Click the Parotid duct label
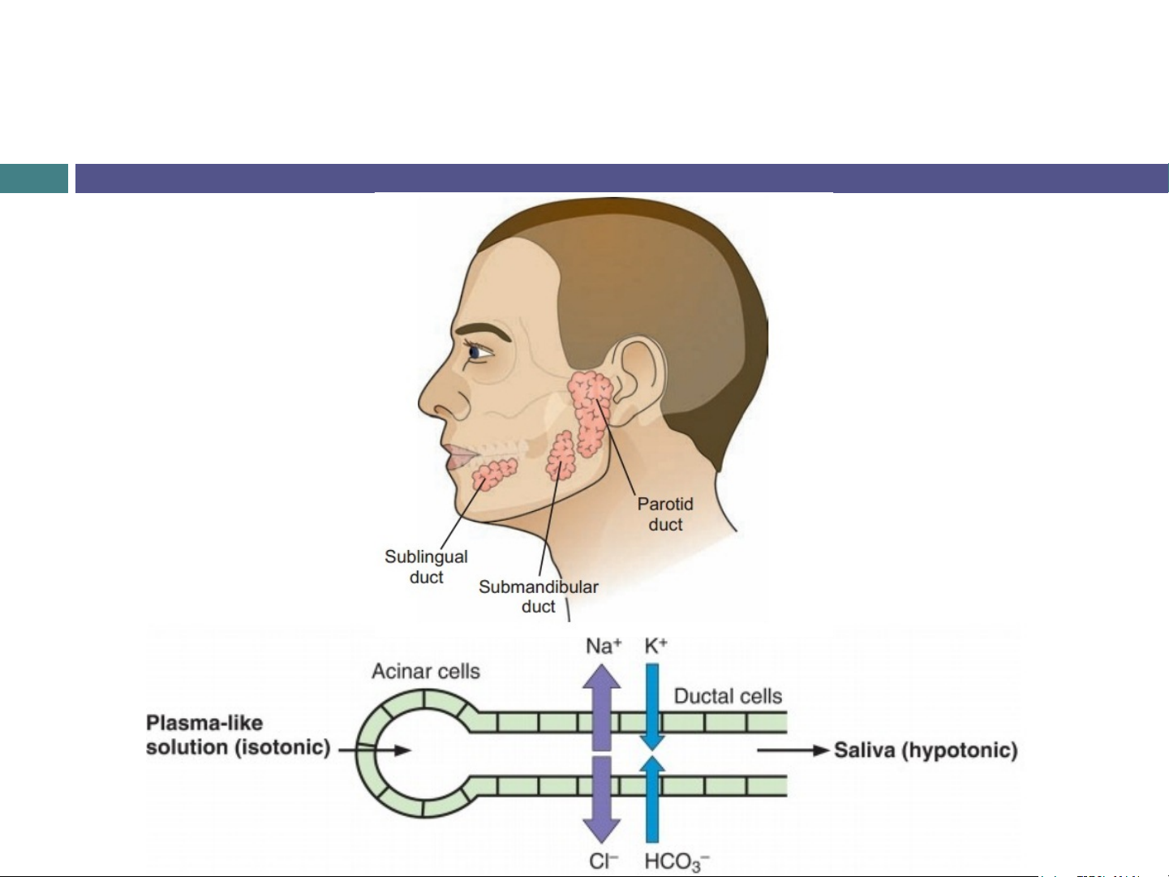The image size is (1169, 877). click(665, 514)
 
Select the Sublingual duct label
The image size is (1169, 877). click(426, 566)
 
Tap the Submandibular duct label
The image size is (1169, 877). click(539, 596)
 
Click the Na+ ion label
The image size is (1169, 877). click(604, 647)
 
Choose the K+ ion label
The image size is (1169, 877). click(655, 646)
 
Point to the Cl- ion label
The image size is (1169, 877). click(604, 861)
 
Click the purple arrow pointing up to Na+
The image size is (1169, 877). click(602, 707)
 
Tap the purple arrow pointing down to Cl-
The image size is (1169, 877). click(602, 800)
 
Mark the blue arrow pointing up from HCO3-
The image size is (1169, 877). click(652, 799)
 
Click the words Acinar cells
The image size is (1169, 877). click(426, 672)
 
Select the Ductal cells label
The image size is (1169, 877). click(728, 696)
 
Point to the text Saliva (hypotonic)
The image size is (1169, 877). click(926, 750)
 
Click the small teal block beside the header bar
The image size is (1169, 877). click(34, 178)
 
